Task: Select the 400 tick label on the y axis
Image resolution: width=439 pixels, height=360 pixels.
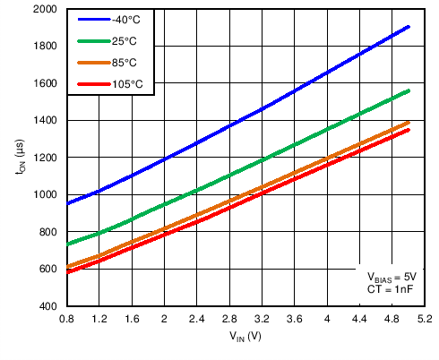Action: [x=51, y=306]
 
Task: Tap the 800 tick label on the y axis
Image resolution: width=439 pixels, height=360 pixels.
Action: [x=51, y=232]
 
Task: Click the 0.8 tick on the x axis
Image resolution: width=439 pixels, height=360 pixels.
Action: [x=66, y=318]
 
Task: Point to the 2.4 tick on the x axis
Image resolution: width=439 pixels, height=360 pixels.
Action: [x=196, y=318]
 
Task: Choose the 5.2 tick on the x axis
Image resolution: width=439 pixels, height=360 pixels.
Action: [x=425, y=318]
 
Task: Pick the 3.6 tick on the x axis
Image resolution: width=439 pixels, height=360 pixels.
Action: [x=294, y=318]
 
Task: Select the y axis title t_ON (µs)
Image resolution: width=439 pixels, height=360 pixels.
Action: [x=20, y=158]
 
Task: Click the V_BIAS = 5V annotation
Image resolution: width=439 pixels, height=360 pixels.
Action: [x=392, y=278]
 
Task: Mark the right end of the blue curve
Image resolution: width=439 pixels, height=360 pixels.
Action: [x=409, y=27]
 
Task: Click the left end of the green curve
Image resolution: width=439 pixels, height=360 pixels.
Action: [x=66, y=244]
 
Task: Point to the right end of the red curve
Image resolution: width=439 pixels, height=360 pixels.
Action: [x=409, y=130]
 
